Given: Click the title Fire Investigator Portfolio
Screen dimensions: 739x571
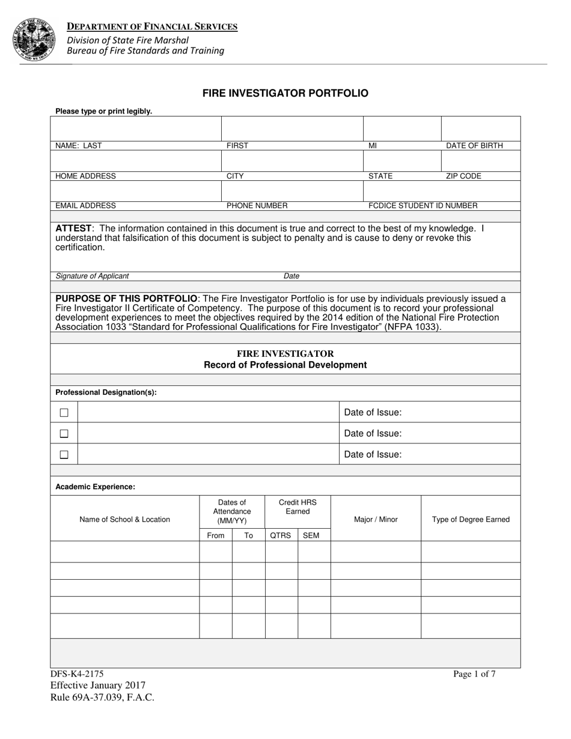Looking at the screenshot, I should coord(285,93).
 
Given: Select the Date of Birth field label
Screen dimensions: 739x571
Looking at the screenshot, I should coord(474,145).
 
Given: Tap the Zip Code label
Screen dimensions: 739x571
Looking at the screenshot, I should coord(463,176).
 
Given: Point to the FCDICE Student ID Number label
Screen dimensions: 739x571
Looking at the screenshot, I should coord(423,205).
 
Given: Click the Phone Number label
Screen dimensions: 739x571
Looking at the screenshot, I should coord(257,205).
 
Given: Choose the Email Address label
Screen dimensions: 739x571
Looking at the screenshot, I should coord(85,205).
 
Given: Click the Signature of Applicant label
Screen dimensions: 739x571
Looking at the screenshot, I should coord(92,276).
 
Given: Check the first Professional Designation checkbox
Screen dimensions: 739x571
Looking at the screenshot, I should coord(64,413).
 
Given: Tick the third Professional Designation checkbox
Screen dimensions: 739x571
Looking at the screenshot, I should coord(64,455).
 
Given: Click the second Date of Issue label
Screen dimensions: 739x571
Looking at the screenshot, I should coord(373,433).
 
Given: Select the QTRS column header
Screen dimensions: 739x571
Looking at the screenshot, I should coord(281,535).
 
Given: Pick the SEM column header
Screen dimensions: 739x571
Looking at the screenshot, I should coord(311,535).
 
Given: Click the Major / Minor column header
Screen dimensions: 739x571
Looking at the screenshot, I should coord(376,520).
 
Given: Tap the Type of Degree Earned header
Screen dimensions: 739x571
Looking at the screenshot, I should coord(471,520).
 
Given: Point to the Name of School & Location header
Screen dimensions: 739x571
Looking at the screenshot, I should coord(124,520).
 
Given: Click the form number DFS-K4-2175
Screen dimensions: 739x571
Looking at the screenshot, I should coord(73,674).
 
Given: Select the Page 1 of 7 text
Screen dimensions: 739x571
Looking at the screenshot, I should coord(474,674).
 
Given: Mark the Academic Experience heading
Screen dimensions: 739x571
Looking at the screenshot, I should coord(95,487).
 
